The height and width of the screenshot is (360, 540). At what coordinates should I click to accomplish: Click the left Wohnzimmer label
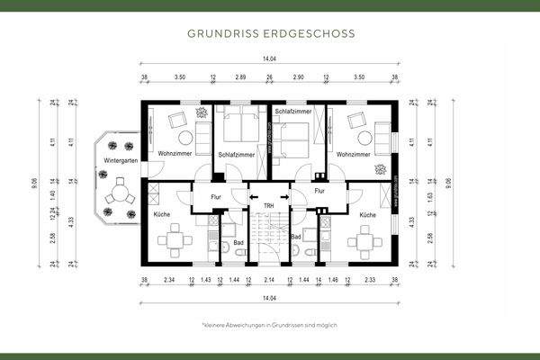[175, 154]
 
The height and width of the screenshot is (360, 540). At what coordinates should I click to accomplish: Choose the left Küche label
[162, 216]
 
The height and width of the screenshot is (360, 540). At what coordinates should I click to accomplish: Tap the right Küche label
[367, 216]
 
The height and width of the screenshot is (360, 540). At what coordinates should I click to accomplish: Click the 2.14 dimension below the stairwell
[268, 281]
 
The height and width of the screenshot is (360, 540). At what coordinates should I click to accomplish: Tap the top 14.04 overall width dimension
[268, 59]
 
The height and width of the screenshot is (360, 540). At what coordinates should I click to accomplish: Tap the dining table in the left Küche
[170, 241]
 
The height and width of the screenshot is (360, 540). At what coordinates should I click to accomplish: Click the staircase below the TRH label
[268, 238]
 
